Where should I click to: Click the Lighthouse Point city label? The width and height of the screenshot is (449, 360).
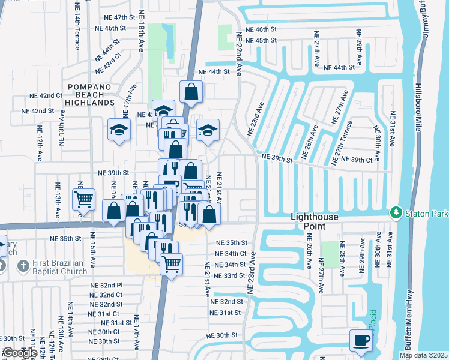[x=315, y=221]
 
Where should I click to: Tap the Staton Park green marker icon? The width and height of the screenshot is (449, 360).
[x=396, y=212]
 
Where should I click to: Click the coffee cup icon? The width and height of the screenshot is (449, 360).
[x=361, y=341]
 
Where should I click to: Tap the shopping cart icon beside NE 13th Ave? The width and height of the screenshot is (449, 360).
[x=83, y=199]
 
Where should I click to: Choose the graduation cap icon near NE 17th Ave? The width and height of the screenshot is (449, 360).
[x=119, y=129]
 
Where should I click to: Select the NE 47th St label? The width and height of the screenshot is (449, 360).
[x=111, y=17]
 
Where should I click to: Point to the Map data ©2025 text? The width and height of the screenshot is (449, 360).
[x=423, y=355]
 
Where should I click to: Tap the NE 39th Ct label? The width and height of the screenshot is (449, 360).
[x=357, y=160]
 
